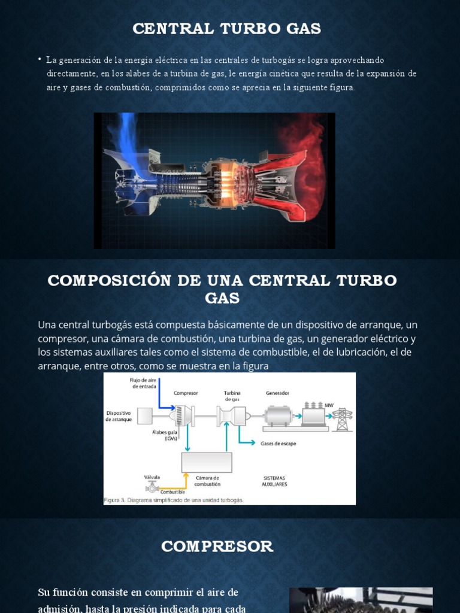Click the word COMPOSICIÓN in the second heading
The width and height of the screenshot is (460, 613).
tap(110, 281)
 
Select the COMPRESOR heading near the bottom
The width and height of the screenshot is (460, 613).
tap(217, 546)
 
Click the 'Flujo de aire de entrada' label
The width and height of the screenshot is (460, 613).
tap(143, 383)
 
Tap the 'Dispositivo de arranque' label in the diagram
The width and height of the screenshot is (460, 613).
tap(119, 416)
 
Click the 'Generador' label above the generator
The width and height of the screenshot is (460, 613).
tap(277, 393)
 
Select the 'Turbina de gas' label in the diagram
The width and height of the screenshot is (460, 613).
tap(232, 396)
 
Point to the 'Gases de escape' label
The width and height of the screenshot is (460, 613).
tap(278, 444)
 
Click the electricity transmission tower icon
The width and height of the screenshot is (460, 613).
tap(342, 419)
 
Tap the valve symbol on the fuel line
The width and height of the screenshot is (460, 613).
tap(152, 487)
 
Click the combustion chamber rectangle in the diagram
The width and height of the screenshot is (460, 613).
tap(207, 462)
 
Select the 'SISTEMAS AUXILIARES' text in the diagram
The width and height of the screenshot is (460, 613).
tap(274, 481)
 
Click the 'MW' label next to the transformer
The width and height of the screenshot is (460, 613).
tap(329, 405)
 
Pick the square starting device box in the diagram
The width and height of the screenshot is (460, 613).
tap(145, 415)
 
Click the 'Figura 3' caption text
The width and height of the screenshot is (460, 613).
tap(174, 500)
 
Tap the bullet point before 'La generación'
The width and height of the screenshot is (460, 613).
tap(40, 59)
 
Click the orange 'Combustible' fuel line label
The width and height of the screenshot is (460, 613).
tap(164, 492)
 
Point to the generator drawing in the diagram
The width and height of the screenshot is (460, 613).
tap(278, 415)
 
